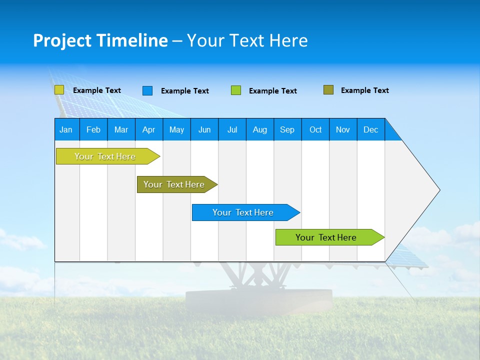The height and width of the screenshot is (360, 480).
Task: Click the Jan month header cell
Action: [66, 129]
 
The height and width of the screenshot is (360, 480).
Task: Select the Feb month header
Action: [93, 129]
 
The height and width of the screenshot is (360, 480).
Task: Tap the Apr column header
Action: [148, 129]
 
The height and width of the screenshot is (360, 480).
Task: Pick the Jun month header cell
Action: [204, 129]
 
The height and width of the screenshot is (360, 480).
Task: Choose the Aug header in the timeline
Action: [259, 129]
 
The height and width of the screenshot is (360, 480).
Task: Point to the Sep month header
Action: [287, 129]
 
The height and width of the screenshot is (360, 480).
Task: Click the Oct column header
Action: [315, 129]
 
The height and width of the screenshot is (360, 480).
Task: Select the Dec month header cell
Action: [370, 129]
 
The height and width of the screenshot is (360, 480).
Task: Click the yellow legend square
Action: [59, 90]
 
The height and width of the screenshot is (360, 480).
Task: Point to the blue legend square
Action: [147, 90]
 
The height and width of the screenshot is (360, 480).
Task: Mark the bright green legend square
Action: [236, 90]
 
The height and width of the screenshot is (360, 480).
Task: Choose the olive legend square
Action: [328, 90]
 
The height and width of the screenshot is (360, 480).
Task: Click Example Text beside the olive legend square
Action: [364, 90]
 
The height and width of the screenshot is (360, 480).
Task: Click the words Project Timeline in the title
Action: [100, 40]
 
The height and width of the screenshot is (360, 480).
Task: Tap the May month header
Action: [176, 129]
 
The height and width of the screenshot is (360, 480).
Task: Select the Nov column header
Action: [343, 129]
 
